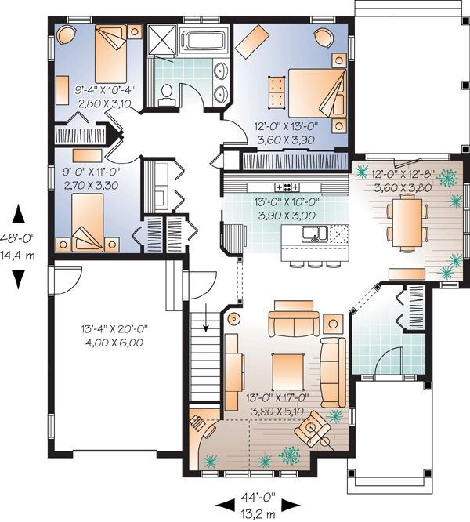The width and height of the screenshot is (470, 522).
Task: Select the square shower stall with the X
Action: point(161,39)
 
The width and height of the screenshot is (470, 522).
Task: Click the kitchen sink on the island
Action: point(314,234)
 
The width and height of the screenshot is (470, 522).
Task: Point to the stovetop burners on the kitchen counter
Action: point(287,187)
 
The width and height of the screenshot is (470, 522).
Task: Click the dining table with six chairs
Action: point(407,222)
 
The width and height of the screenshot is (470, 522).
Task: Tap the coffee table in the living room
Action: point(288,372)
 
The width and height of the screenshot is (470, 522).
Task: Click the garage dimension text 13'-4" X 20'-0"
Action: point(114,329)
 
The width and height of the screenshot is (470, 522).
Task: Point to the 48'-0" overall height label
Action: point(17,238)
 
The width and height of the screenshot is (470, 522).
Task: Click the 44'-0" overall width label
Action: point(258,498)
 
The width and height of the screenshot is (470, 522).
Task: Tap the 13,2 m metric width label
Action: point(258,515)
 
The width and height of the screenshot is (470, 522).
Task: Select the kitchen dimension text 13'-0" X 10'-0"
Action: point(287,201)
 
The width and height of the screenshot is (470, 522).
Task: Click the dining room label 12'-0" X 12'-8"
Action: point(403,174)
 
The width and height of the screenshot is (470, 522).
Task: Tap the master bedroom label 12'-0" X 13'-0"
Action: point(287,126)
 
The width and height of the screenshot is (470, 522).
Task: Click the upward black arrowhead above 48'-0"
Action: point(19,213)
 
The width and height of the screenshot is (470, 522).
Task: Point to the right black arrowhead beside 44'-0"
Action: point(291,506)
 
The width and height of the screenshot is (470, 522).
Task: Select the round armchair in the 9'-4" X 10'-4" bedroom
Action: point(67,34)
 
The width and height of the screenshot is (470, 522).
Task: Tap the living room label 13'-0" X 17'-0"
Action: point(278,397)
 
